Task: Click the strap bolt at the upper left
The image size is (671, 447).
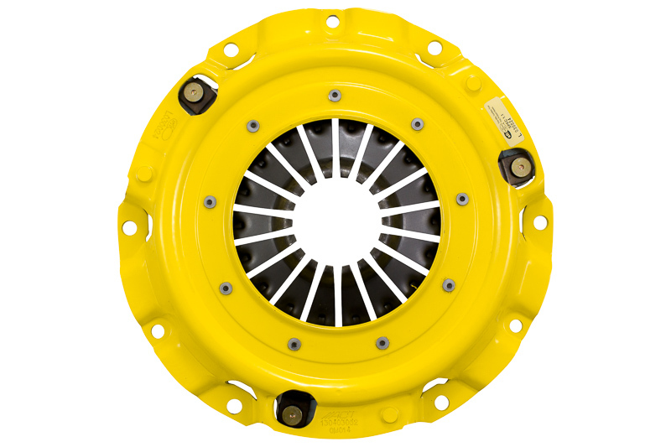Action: (x=194, y=93)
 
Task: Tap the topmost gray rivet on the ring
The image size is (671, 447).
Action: (x=335, y=95)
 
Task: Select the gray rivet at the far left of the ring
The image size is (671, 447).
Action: (x=209, y=201)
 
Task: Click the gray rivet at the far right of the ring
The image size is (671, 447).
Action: (x=461, y=199)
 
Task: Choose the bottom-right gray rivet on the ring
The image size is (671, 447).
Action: (x=382, y=342)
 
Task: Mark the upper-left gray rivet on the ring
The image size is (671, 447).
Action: (x=252, y=126)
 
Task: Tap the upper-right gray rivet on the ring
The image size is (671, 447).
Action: (x=417, y=125)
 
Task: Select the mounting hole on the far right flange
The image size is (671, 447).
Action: (x=541, y=222)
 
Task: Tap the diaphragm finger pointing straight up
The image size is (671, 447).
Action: (x=335, y=138)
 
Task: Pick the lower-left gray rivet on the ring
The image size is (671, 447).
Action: (x=225, y=288)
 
